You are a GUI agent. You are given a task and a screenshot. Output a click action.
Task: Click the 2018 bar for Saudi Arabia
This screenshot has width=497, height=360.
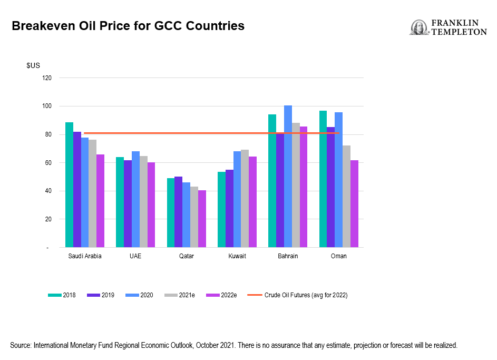(x=69, y=185)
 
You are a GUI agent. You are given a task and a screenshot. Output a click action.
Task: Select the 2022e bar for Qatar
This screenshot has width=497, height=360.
(x=202, y=219)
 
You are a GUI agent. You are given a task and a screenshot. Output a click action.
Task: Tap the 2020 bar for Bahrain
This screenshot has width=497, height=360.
(x=288, y=176)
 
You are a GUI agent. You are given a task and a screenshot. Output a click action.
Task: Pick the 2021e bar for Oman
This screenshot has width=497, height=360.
(x=346, y=197)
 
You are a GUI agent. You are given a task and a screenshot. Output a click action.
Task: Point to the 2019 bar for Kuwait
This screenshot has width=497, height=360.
(x=229, y=209)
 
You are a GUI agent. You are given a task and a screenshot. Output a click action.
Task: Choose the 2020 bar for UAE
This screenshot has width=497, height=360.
(x=135, y=199)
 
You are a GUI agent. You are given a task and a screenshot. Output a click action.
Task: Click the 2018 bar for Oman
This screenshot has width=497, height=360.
(x=323, y=179)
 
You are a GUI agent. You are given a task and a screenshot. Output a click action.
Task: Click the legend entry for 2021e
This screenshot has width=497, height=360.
(x=180, y=295)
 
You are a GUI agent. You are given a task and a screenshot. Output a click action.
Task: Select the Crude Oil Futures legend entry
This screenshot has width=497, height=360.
(x=297, y=295)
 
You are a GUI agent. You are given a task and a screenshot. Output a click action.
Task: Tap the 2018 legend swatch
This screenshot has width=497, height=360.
(x=54, y=295)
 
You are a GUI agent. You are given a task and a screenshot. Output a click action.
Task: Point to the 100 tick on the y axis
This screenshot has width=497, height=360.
(x=46, y=106)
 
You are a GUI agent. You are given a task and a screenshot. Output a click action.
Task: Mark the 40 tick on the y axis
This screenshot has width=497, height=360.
(x=48, y=191)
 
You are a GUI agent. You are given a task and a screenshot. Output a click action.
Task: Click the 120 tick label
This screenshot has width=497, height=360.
(x=46, y=77)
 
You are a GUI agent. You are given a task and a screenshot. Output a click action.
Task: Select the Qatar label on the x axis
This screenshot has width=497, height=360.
(x=187, y=256)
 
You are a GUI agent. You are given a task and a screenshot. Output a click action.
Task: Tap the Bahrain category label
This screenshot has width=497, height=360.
(x=288, y=256)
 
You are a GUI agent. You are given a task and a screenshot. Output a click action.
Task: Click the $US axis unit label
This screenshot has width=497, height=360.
(x=33, y=65)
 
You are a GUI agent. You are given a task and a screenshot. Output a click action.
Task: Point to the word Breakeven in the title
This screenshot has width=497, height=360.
(x=43, y=26)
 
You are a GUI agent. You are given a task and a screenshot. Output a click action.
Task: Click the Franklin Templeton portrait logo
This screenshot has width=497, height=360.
(x=419, y=27)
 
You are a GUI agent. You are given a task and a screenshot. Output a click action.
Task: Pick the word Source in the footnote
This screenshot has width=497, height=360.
(x=21, y=345)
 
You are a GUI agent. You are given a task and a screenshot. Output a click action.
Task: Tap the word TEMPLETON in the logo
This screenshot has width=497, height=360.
(x=459, y=32)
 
